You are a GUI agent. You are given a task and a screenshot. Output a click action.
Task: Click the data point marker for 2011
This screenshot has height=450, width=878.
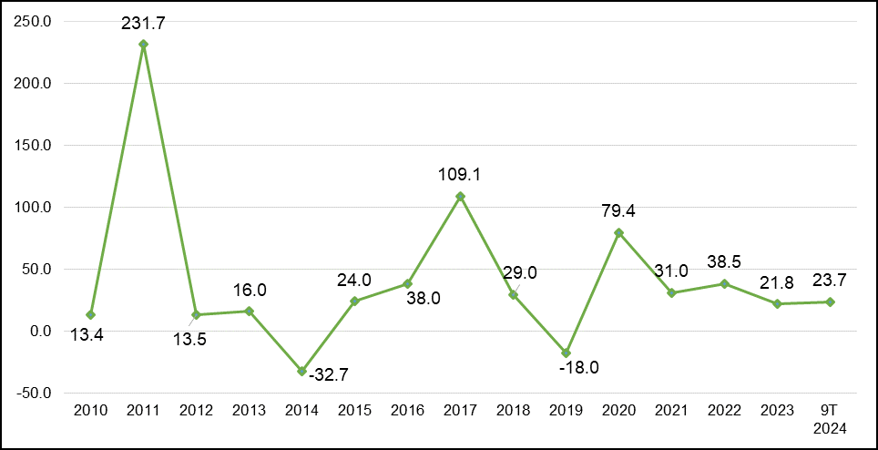point(143,45)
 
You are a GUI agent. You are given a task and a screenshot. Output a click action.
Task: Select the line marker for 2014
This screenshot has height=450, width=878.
point(301,371)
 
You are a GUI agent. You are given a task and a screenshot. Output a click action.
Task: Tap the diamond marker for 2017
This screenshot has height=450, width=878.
point(460,197)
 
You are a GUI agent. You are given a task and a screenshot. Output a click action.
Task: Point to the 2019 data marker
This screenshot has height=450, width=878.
point(567,353)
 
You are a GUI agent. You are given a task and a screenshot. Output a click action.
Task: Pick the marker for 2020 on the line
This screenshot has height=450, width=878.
point(618,233)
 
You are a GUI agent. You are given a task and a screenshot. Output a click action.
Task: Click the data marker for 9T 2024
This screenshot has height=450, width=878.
point(830,302)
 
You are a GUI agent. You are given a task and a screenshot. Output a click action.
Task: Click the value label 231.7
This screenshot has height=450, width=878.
point(144,24)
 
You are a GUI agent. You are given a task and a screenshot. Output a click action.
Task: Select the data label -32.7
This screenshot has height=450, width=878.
point(330,373)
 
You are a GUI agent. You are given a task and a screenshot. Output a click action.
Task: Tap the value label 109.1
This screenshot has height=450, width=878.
point(460,175)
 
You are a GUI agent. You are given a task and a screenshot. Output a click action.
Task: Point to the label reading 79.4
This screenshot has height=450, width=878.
point(618,211)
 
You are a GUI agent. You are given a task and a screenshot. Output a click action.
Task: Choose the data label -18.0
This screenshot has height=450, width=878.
point(578,368)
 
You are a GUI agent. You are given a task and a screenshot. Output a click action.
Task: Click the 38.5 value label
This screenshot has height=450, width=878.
point(724,263)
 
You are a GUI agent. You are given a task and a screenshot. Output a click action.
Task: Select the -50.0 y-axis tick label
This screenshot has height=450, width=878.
point(35,393)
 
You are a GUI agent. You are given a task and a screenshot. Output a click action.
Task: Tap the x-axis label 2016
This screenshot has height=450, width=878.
point(408,411)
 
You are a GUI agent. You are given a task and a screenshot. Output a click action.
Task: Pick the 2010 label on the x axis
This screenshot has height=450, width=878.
point(91,411)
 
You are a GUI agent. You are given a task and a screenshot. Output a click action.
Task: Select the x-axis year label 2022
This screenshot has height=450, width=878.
point(725,411)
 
